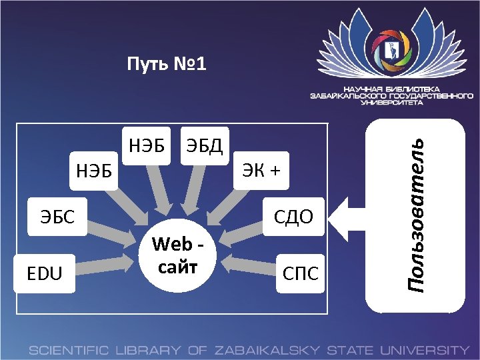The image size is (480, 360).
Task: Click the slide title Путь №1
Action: [167, 65]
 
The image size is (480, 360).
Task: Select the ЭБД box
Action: [205, 145]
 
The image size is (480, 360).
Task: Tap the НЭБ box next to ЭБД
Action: [147, 145]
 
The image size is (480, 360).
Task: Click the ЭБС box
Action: [56, 216]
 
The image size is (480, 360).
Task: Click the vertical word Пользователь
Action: [417, 213]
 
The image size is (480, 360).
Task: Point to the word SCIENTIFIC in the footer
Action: [70, 349]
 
